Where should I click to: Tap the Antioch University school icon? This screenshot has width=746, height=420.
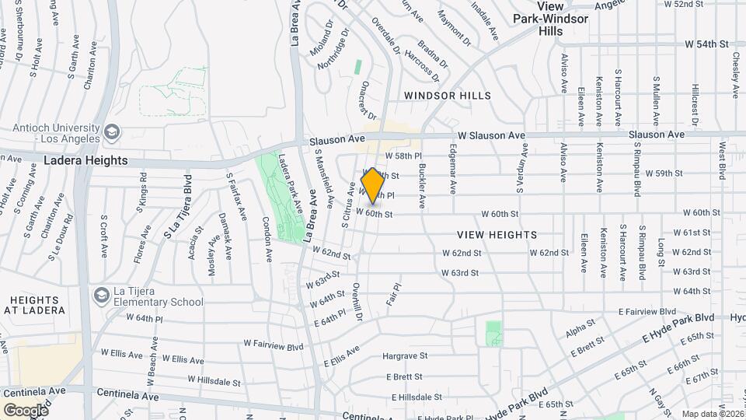point(111,131)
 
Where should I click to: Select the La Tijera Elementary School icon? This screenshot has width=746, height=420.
point(99,296)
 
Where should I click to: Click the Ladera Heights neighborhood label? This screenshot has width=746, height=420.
point(86,160)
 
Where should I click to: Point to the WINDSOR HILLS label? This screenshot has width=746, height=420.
point(448,96)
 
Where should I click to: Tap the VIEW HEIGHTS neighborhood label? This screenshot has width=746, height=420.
point(497,234)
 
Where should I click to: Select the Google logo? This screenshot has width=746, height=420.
point(26,410)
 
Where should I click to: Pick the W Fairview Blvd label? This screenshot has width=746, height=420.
point(273,345)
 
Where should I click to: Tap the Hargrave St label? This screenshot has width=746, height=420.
point(406,356)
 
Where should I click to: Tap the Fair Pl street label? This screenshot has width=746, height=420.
point(392,295)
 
